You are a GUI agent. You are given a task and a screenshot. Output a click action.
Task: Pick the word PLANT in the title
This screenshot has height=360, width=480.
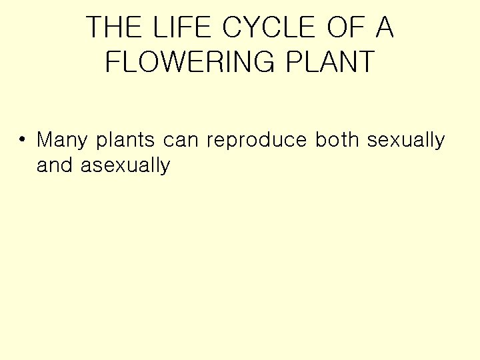tap(331, 62)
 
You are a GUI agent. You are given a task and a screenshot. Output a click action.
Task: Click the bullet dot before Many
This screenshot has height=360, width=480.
tap(23, 140)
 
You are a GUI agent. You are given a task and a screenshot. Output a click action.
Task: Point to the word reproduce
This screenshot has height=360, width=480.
tap(257, 141)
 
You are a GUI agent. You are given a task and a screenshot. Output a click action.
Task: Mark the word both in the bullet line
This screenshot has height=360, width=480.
tap(337, 141)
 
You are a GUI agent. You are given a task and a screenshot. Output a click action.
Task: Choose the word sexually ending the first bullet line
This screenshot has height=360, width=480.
tap(405, 141)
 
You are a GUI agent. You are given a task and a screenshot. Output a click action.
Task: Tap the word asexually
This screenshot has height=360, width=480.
tap(125, 166)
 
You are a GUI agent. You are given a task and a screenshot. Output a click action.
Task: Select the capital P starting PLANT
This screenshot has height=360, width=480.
tap(294, 62)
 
